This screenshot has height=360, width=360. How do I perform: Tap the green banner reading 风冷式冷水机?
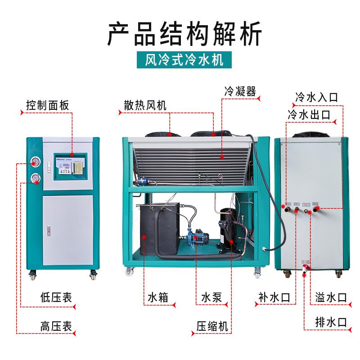pyautogui.click(x=180, y=59)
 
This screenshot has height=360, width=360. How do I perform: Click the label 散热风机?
pyautogui.click(x=145, y=106)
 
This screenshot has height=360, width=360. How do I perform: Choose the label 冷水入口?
pyautogui.click(x=316, y=97)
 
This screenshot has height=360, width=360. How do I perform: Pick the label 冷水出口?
pyautogui.click(x=310, y=114)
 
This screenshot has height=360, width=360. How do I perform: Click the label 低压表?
pyautogui.click(x=55, y=298)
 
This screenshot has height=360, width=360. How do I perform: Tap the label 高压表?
pyautogui.click(x=55, y=325)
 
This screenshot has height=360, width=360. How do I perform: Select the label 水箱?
pyautogui.click(x=158, y=298)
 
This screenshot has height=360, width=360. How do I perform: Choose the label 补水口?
pyautogui.click(x=274, y=298)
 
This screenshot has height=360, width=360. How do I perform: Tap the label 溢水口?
pyautogui.click(x=331, y=298)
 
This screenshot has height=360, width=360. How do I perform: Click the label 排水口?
pyautogui.click(x=331, y=322)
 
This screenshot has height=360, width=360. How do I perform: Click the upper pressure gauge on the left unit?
pyautogui.click(x=35, y=162)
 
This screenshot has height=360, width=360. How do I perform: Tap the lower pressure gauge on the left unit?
pyautogui.click(x=35, y=179)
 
